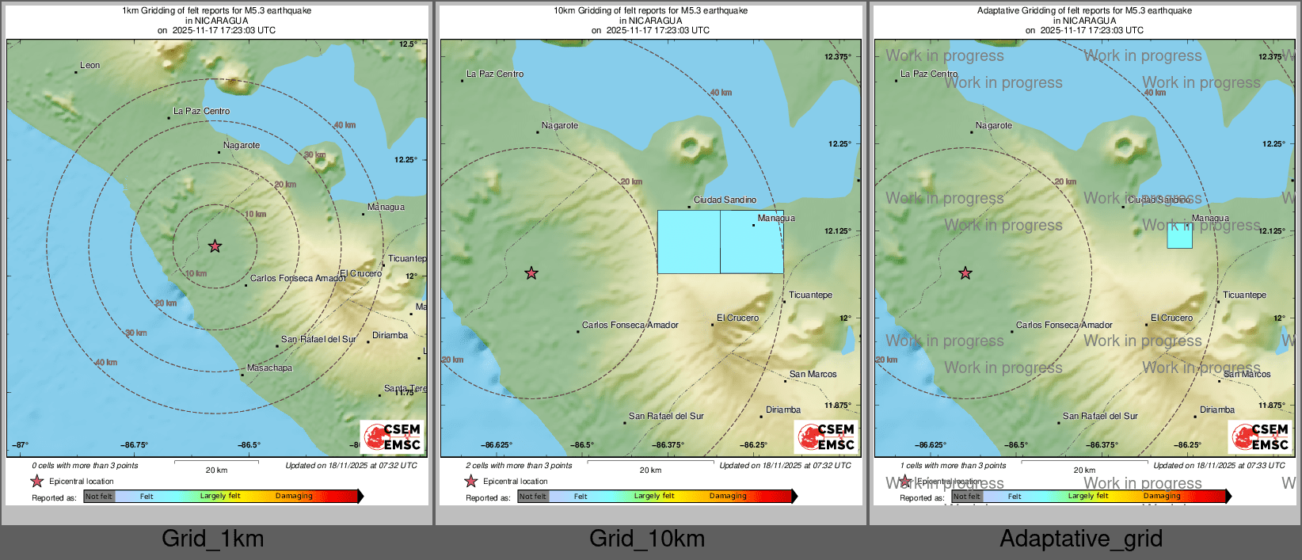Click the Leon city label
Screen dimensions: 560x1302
click(89, 65)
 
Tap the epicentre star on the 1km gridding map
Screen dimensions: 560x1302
click(215, 246)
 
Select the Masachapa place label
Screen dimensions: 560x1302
click(269, 368)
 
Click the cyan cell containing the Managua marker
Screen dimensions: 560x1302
click(752, 242)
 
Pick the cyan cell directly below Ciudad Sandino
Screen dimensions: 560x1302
click(689, 242)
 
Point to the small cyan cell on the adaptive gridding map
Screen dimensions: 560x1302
click(1179, 235)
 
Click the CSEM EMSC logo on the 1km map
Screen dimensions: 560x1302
click(391, 436)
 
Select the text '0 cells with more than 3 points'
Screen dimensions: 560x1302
click(85, 466)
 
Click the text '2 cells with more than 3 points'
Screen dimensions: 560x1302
click(519, 466)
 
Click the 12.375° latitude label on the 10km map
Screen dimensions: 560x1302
click(837, 57)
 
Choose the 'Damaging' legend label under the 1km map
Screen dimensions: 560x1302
click(294, 496)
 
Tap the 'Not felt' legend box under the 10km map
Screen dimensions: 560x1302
click(533, 497)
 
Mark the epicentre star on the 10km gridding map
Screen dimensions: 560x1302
click(531, 273)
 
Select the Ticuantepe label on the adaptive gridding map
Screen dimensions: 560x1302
click(1244, 295)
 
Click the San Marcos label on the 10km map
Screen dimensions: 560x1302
click(813, 374)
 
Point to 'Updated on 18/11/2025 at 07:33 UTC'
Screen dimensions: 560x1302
click(1219, 466)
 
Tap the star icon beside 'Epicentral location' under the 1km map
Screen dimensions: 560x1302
click(37, 481)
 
